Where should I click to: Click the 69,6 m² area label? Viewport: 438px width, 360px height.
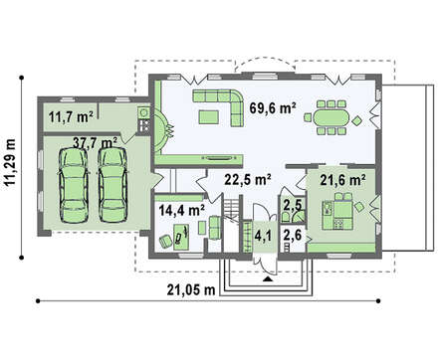(273, 108)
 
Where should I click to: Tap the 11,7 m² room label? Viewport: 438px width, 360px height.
(71, 116)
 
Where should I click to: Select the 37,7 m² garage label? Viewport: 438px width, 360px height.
(95, 143)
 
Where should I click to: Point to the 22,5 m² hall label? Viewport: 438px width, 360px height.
(248, 179)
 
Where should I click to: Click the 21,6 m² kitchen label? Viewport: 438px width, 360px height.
(342, 180)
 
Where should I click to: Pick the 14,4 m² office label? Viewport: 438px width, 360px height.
(181, 210)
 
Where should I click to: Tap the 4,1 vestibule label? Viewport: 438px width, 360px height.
(263, 236)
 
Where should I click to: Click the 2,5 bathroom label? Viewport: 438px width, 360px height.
(293, 205)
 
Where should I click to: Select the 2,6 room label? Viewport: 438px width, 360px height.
(293, 236)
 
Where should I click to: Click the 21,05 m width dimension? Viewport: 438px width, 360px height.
(191, 290)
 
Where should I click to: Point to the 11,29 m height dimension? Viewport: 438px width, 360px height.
(11, 165)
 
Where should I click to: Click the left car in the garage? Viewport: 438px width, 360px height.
(74, 186)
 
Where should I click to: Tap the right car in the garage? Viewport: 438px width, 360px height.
(113, 185)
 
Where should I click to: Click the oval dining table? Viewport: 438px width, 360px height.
(330, 117)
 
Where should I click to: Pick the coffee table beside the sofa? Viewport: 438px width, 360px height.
(209, 117)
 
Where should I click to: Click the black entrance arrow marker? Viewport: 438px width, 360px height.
(268, 279)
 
